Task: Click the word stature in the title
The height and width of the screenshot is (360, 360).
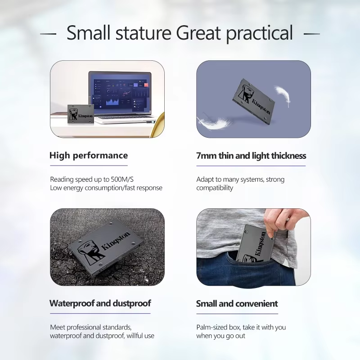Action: (x=144, y=32)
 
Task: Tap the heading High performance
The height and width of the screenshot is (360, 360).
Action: (x=89, y=155)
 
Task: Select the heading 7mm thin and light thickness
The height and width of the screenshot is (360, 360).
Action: (x=251, y=156)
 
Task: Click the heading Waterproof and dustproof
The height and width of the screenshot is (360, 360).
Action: (x=100, y=303)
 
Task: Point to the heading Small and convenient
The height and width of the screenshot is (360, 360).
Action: (x=237, y=303)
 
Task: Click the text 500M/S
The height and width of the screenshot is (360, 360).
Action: (x=122, y=179)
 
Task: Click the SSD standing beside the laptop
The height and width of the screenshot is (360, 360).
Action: (x=81, y=115)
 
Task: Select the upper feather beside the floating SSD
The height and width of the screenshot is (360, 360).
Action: (x=283, y=96)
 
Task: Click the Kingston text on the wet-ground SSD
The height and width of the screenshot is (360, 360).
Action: (x=116, y=241)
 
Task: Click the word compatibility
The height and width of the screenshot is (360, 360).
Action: (x=215, y=188)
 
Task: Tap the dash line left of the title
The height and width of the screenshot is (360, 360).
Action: (x=48, y=34)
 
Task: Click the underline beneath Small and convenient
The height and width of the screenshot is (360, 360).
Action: (x=237, y=314)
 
